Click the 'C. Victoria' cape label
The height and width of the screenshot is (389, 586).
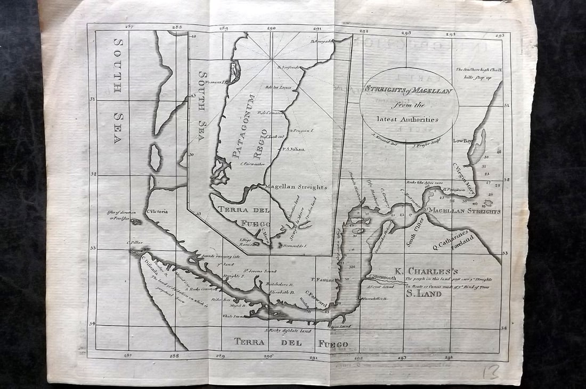(157, 212)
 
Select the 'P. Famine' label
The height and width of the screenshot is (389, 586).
(322, 279)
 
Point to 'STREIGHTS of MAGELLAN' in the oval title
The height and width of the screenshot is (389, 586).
(409, 91)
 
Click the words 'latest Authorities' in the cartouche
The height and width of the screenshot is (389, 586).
(409, 119)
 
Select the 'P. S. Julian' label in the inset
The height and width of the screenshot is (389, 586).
(294, 149)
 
